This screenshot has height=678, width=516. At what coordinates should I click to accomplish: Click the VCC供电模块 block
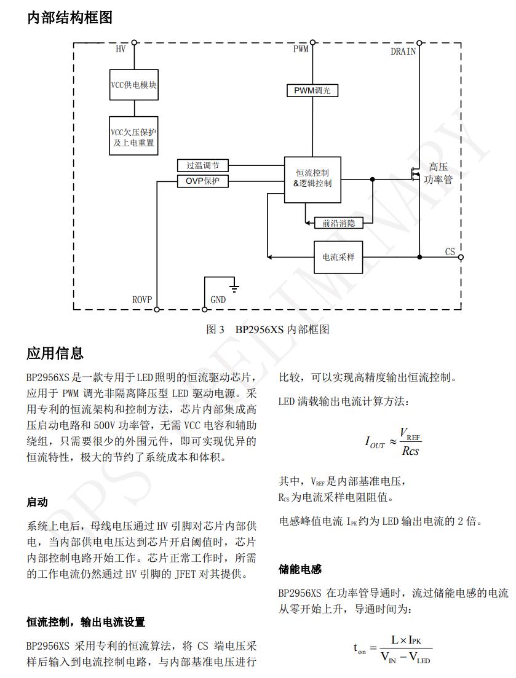[x=133, y=85]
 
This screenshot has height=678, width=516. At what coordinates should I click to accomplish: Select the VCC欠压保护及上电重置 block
[x=133, y=138]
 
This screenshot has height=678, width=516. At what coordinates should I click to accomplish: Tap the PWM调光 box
[x=312, y=90]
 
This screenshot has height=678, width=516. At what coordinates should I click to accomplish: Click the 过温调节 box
[x=202, y=165]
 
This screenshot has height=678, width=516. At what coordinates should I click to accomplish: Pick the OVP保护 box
[x=202, y=181]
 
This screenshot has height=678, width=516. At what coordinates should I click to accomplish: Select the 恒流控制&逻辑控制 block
[x=312, y=179]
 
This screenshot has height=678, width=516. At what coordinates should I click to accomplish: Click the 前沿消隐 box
[x=338, y=223]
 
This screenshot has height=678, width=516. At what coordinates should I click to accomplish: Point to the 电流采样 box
[x=338, y=257]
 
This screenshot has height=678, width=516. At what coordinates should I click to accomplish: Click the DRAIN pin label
[x=403, y=52]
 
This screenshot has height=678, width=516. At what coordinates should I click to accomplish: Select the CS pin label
[x=450, y=252]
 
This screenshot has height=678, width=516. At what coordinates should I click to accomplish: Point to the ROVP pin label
[x=142, y=300]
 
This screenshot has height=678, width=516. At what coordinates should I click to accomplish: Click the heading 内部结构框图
[x=69, y=18]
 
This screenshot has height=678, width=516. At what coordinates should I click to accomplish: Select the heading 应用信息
[x=55, y=353]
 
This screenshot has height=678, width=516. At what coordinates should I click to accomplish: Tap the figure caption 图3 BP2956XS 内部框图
[x=268, y=329]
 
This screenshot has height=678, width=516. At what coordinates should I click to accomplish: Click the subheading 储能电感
[x=300, y=570]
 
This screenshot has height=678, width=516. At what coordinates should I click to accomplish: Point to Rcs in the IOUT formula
[x=410, y=451]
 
